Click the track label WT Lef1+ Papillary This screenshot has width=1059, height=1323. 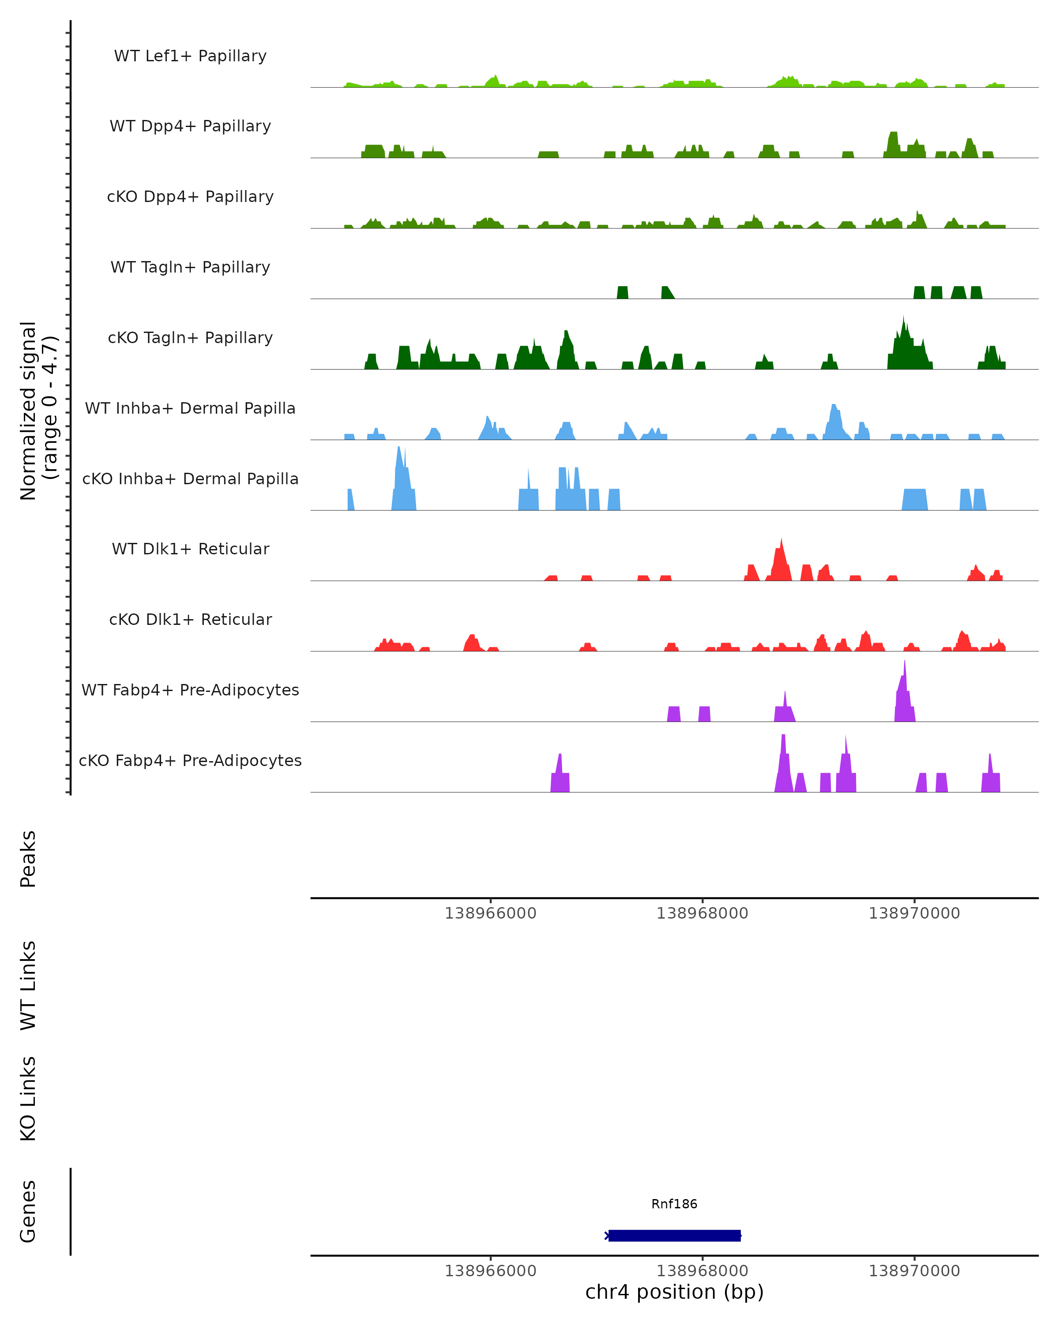click(190, 56)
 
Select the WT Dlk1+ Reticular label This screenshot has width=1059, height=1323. click(190, 549)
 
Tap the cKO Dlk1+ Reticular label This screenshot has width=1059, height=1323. click(190, 619)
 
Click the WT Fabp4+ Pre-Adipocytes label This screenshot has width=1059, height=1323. click(190, 690)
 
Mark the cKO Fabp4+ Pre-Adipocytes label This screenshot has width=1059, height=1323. click(190, 760)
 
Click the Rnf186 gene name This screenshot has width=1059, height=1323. click(674, 1204)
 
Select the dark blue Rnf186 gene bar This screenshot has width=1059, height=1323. click(674, 1235)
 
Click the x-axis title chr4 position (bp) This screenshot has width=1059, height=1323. click(674, 1292)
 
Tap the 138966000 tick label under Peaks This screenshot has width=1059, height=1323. click(491, 913)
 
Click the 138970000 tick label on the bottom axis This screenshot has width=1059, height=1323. click(914, 1271)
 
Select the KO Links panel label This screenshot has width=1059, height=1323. click(28, 1099)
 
